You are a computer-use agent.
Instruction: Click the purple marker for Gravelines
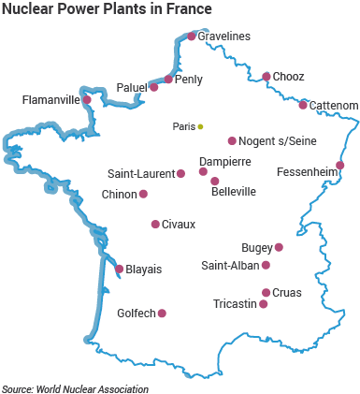pyautogui.click(x=192, y=36)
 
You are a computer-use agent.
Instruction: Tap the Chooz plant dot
pyautogui.click(x=266, y=77)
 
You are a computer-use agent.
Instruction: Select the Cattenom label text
pyautogui.click(x=333, y=106)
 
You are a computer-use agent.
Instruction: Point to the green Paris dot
pyautogui.click(x=200, y=126)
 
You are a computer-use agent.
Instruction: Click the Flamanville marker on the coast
pyautogui.click(x=87, y=99)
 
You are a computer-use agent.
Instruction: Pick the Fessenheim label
pyautogui.click(x=306, y=172)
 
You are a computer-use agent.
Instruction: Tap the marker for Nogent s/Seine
pyautogui.click(x=232, y=141)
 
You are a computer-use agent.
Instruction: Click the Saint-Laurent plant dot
pyautogui.click(x=180, y=173)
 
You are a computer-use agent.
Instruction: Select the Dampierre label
pyautogui.click(x=224, y=162)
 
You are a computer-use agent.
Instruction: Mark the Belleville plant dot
pyautogui.click(x=215, y=182)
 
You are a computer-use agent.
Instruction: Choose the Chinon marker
pyautogui.click(x=143, y=194)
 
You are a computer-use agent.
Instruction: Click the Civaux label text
pyautogui.click(x=179, y=225)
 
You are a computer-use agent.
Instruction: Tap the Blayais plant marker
pyautogui.click(x=119, y=269)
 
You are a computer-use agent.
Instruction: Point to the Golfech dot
pyautogui.click(x=163, y=314)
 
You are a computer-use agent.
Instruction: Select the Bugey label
pyautogui.click(x=255, y=248)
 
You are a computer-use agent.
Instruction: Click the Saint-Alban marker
pyautogui.click(x=266, y=265)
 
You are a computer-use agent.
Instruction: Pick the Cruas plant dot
pyautogui.click(x=266, y=292)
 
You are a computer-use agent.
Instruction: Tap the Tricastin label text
pyautogui.click(x=234, y=304)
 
